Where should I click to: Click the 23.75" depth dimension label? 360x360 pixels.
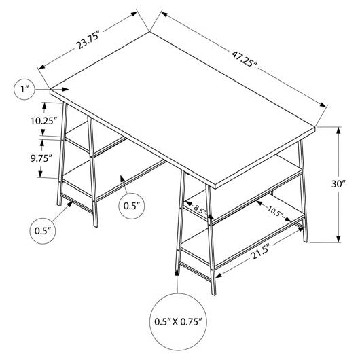[88, 41]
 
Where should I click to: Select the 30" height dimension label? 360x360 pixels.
[339, 184]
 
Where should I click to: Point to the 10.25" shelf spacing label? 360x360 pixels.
[44, 121]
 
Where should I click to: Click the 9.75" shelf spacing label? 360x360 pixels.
[41, 158]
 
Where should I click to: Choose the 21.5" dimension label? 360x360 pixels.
[261, 252]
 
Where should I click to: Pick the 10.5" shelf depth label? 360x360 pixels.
[275, 211]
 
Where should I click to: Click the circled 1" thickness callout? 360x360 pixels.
[24, 89]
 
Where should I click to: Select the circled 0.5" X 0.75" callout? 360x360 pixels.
[178, 322]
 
